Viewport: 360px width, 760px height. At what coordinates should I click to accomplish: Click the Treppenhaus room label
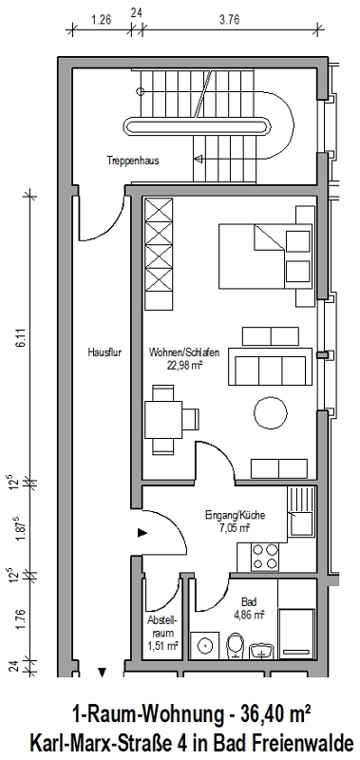coord(133,161)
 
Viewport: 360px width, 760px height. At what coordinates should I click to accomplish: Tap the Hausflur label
coord(104,352)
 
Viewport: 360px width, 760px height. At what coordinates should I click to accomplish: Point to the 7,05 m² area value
coord(234,528)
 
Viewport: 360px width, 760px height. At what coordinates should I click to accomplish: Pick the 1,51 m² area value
coord(162,646)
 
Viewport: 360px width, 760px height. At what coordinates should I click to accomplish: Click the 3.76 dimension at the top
coord(230,20)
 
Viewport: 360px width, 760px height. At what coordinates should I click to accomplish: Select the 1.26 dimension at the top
coord(102,20)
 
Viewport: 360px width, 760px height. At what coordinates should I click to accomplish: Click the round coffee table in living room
coord(271,412)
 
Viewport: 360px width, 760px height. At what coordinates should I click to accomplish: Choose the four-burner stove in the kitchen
coord(265,557)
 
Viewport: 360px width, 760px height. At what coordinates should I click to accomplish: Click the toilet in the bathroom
coord(236,645)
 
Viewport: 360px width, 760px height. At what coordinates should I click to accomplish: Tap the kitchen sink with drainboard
coord(301,511)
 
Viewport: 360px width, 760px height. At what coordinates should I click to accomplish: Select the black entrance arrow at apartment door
coord(142,533)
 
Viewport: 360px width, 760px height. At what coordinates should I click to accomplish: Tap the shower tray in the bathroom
coord(296,634)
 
